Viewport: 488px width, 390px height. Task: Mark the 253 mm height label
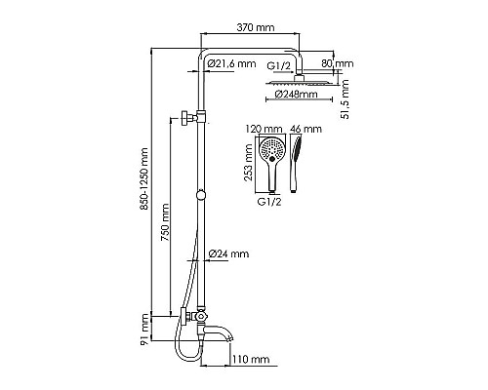(250, 163)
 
